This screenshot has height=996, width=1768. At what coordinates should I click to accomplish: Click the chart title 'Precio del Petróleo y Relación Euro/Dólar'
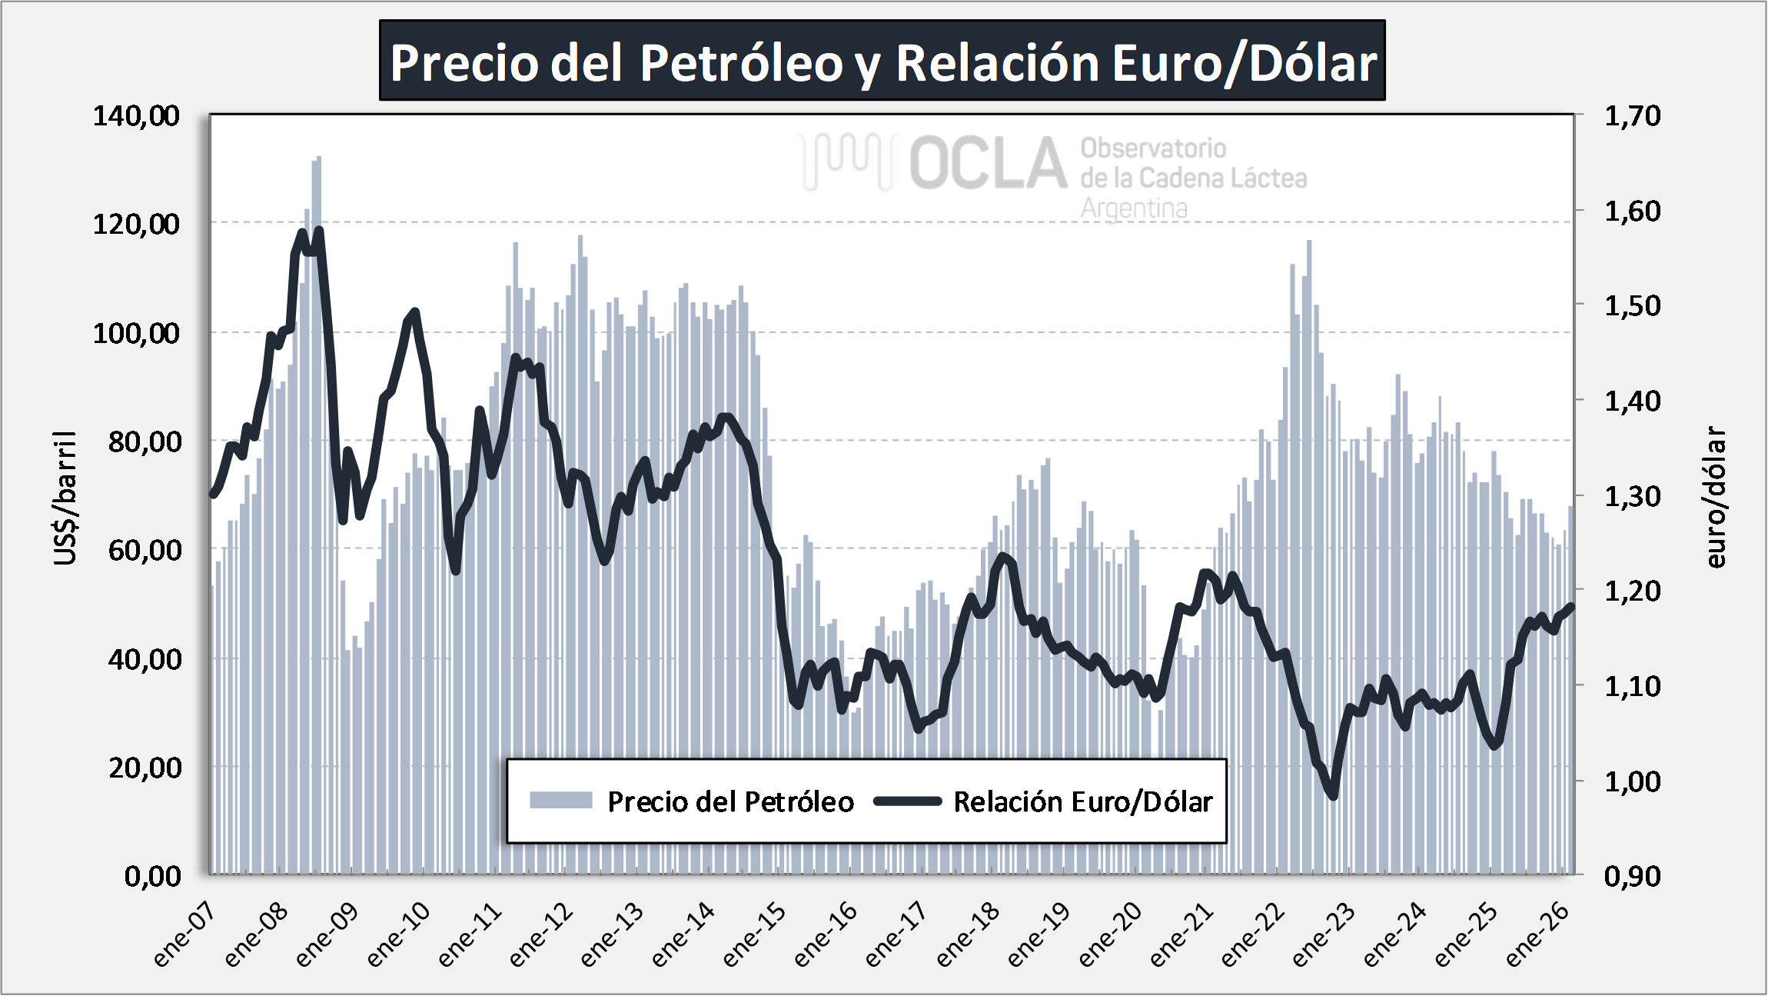[x=882, y=62]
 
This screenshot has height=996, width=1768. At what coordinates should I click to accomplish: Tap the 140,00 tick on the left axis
[x=136, y=116]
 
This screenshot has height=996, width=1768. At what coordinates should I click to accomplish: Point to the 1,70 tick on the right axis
[x=1632, y=116]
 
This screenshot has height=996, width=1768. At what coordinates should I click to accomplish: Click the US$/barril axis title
[x=65, y=498]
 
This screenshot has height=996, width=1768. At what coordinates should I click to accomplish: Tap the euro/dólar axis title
[x=1716, y=497]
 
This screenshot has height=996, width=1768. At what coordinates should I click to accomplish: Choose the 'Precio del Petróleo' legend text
[x=730, y=801]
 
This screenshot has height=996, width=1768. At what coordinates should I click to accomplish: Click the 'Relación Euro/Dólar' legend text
[x=1082, y=801]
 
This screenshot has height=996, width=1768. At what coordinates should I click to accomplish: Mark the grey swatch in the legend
[x=560, y=801]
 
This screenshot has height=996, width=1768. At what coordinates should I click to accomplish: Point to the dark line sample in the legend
[x=908, y=801]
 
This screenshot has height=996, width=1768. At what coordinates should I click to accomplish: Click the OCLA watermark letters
[x=989, y=163]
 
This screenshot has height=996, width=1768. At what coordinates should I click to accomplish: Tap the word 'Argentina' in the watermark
[x=1134, y=208]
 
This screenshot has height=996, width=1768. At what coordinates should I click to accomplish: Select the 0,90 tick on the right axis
[x=1632, y=875]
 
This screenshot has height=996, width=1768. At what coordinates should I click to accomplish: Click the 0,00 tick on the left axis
[x=153, y=875]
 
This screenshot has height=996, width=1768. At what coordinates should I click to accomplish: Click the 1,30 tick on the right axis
[x=1632, y=496]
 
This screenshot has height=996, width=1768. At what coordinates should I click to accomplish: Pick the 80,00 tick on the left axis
[x=145, y=441]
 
